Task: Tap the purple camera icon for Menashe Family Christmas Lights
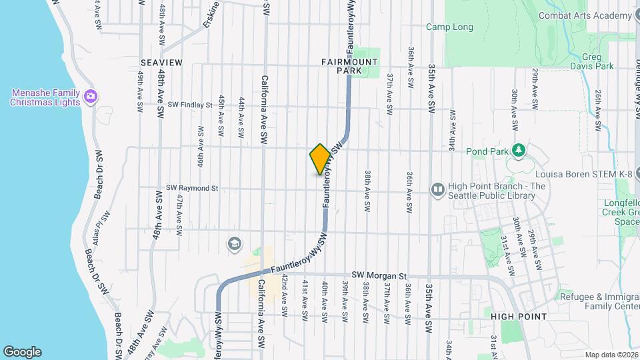91,97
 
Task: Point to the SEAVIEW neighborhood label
161,62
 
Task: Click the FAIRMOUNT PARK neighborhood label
349,66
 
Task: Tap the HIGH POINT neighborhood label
519,316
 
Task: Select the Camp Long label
450,27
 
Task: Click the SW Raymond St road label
193,188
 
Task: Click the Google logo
22,351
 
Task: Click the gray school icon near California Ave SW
235,243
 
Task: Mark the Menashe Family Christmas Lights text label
45,97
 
